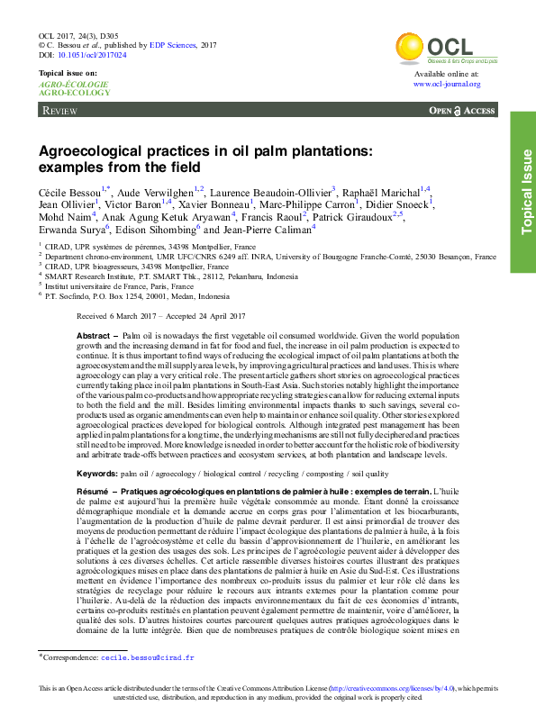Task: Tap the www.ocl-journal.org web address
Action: [447, 84]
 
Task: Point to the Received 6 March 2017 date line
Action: [161, 317]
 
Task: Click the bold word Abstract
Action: [95, 334]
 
